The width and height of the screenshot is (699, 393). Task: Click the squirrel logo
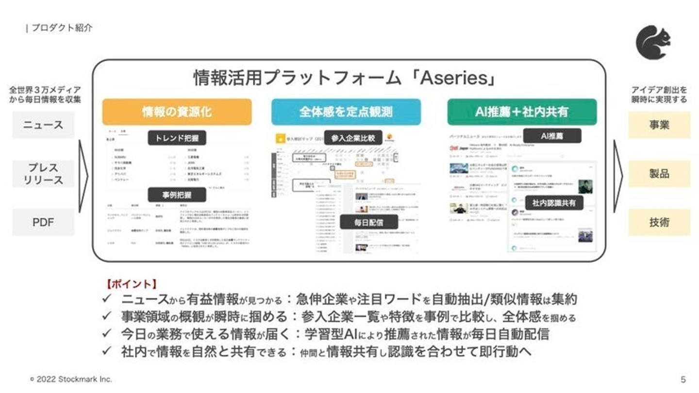[653, 43]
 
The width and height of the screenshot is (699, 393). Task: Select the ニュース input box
[43, 125]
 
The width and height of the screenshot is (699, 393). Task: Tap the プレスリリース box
[43, 174]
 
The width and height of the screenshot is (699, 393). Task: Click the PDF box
[43, 222]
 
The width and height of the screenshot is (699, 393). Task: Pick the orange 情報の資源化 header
[177, 112]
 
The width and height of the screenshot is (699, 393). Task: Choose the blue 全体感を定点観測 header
[346, 112]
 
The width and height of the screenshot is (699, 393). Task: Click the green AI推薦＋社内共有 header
[522, 112]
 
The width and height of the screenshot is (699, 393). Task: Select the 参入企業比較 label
[353, 137]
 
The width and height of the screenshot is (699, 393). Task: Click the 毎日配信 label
[368, 222]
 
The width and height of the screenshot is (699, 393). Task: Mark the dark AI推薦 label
[552, 136]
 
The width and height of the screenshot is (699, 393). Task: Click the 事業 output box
[659, 125]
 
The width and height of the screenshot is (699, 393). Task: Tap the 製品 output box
[659, 174]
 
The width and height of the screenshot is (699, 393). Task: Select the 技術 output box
[659, 222]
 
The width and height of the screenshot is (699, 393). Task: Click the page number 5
[683, 379]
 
